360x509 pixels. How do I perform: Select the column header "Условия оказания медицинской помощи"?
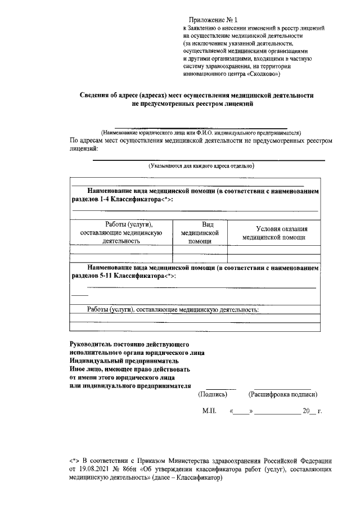pyautogui.click(x=273, y=233)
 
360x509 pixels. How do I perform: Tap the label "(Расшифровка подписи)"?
pyautogui.click(x=286, y=395)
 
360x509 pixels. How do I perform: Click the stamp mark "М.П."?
pyautogui.click(x=209, y=412)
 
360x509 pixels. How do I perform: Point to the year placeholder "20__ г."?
pyautogui.click(x=312, y=412)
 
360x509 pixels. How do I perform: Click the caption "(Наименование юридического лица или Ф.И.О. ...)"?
pyautogui.click(x=201, y=133)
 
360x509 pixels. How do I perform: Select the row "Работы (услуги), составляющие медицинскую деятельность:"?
pyautogui.click(x=173, y=309)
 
